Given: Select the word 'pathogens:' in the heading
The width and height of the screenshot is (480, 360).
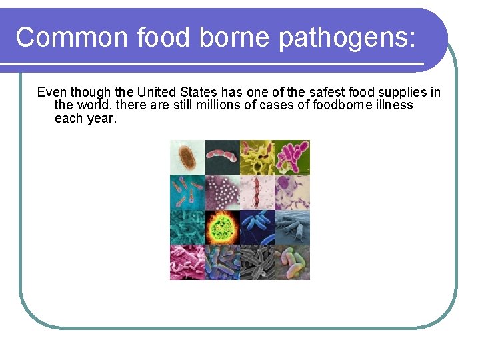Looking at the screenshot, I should pyautogui.click(x=347, y=37).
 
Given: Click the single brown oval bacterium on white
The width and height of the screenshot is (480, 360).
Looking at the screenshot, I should pyautogui.click(x=187, y=157).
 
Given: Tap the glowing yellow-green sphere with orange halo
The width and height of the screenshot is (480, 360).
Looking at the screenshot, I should pyautogui.click(x=222, y=227).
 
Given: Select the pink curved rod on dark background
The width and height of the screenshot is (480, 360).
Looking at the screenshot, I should pyautogui.click(x=222, y=157).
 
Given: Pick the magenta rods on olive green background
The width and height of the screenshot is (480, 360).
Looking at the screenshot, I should pyautogui.click(x=292, y=157).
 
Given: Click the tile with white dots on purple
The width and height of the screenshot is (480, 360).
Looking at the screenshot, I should pyautogui.click(x=222, y=192).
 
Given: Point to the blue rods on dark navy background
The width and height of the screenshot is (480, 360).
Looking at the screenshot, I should pyautogui.click(x=257, y=227).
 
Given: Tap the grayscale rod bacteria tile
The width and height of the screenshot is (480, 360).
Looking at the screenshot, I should pyautogui.click(x=257, y=262).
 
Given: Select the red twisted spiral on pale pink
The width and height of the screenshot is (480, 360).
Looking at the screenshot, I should pyautogui.click(x=257, y=192).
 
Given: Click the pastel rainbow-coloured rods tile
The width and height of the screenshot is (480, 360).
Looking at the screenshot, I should pyautogui.click(x=292, y=262).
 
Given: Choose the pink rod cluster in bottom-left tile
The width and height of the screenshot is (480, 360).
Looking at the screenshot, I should pyautogui.click(x=187, y=262).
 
